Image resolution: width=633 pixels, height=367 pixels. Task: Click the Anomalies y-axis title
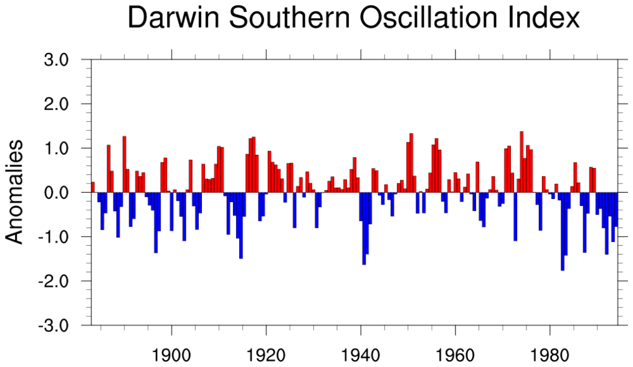(x=15, y=191)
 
